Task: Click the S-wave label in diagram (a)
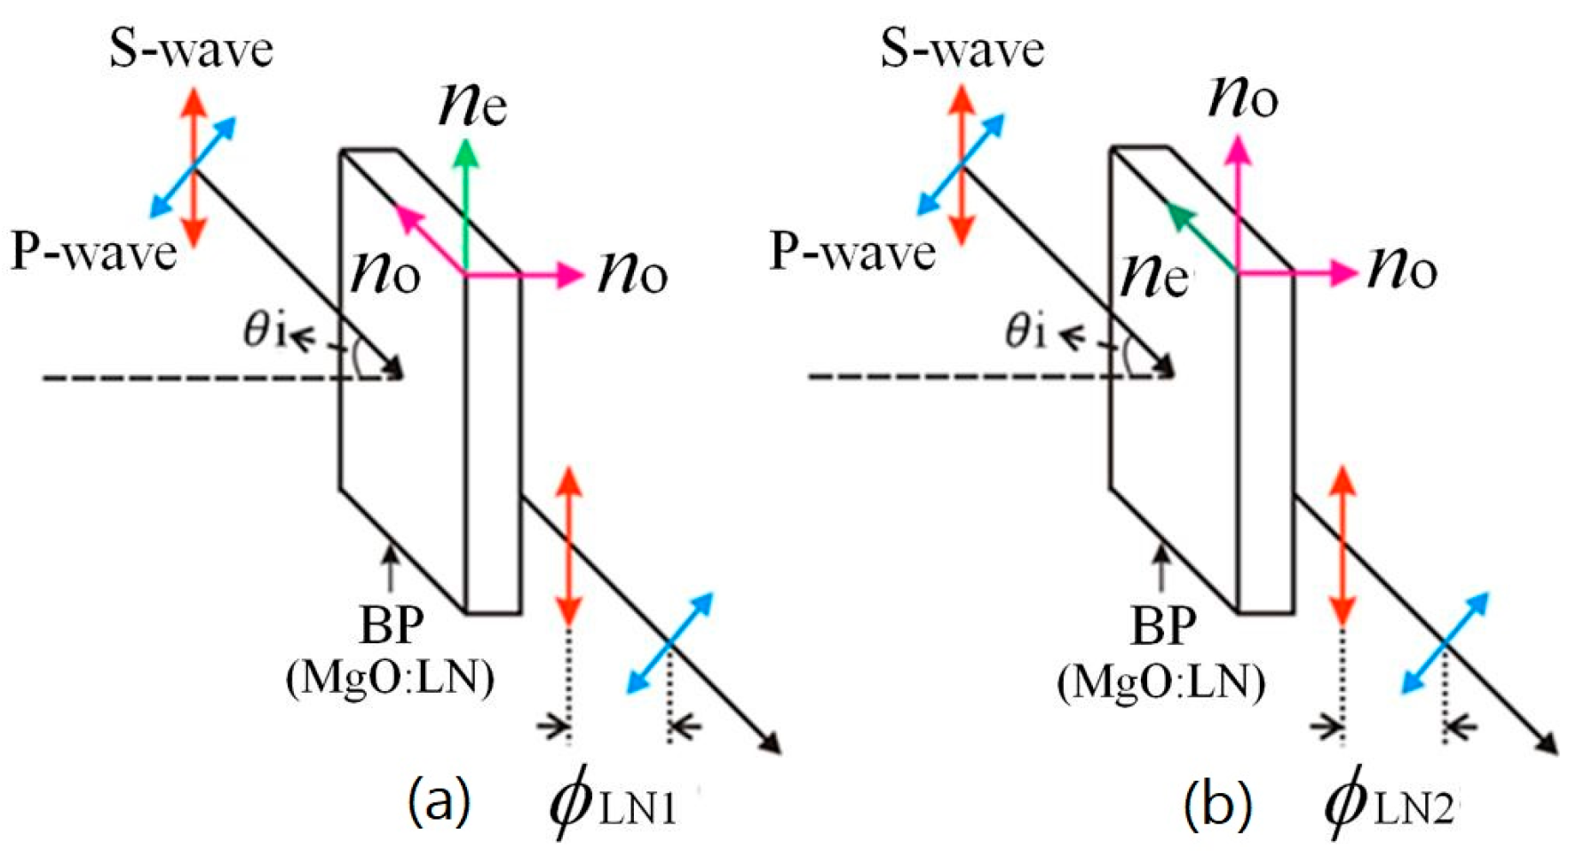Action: coord(191,51)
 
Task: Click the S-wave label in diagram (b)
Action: coord(962,51)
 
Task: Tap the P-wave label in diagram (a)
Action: coord(93,254)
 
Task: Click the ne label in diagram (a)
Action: coord(472,106)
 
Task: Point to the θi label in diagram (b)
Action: coord(1026,332)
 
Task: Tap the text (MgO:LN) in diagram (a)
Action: coord(390,680)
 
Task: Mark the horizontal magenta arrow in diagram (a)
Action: coord(524,276)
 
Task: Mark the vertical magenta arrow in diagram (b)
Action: coord(1238,204)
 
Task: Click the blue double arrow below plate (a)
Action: coord(670,642)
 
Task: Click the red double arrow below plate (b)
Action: coord(1342,546)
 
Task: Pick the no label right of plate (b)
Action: coord(1402,270)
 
